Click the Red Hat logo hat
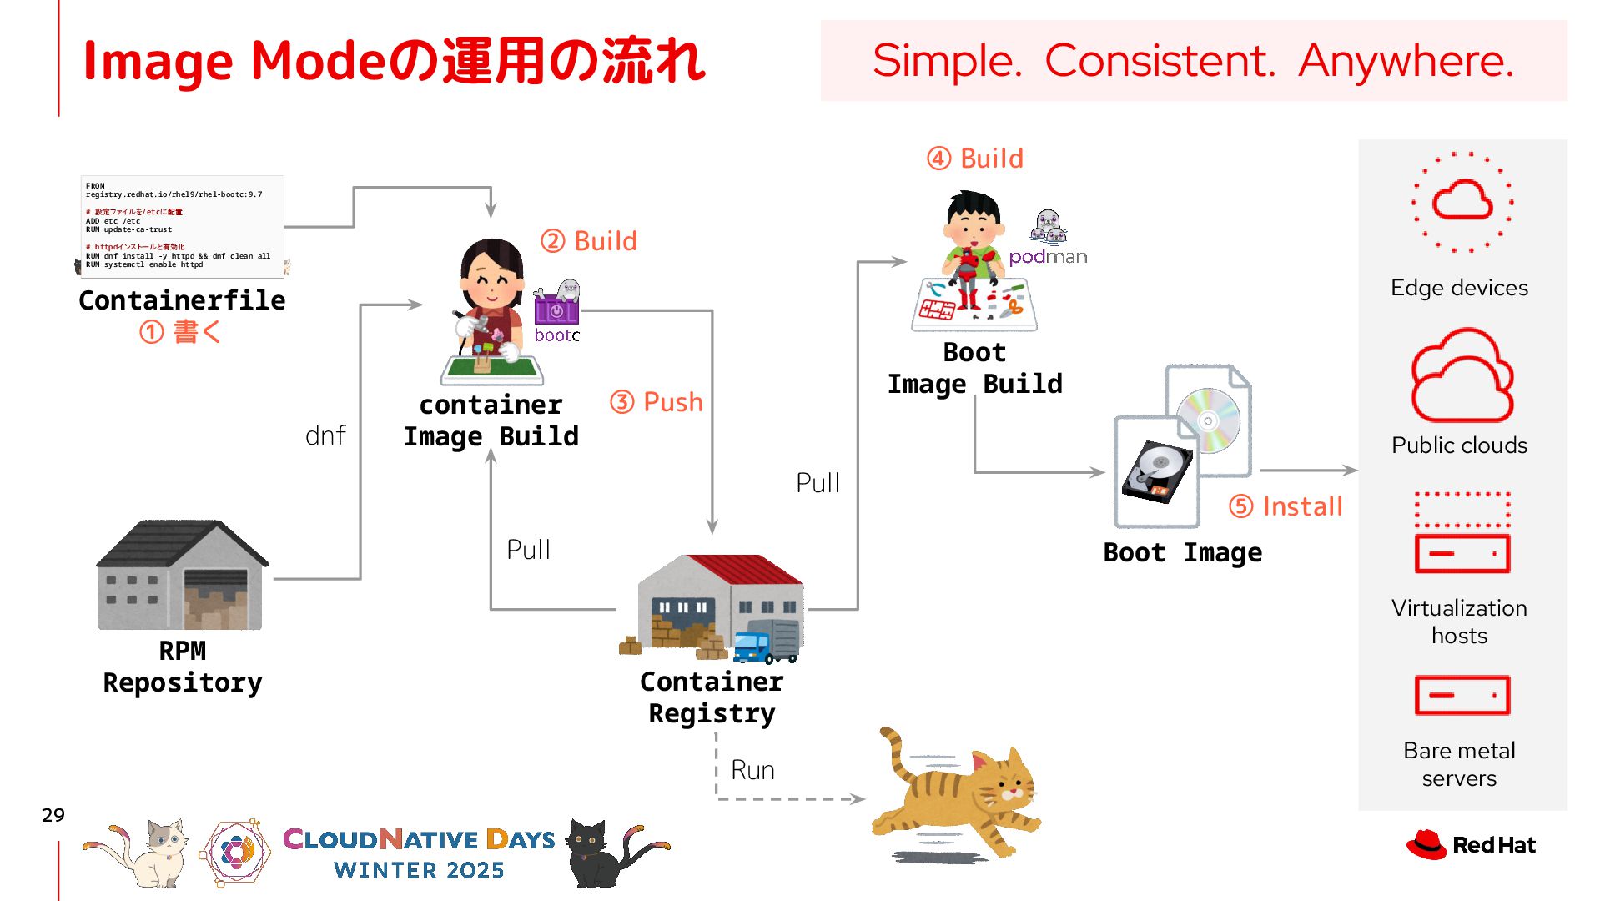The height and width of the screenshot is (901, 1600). tap(1426, 844)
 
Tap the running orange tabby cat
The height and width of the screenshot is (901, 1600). tap(959, 797)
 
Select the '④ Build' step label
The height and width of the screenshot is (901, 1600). tap(974, 159)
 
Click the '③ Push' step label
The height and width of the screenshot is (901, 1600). tap(657, 402)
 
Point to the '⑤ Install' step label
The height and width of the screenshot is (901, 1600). tap(1286, 506)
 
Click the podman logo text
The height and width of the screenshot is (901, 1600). tap(1048, 257)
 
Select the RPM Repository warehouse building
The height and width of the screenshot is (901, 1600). tap(182, 576)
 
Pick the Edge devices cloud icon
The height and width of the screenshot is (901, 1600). tap(1462, 201)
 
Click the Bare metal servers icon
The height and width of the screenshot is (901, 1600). tap(1462, 695)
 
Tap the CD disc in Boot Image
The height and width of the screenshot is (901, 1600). tap(1207, 420)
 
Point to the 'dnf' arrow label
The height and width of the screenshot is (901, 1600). tap(325, 435)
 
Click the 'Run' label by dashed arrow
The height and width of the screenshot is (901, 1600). tap(752, 770)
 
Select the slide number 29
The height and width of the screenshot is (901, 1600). tap(53, 815)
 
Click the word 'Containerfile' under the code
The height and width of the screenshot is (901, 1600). tap(182, 300)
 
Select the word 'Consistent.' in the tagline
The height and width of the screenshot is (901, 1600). tap(1160, 61)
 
